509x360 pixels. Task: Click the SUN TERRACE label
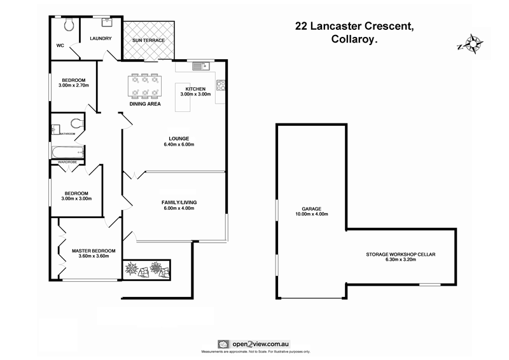[148, 40]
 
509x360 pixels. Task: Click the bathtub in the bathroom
[67, 152]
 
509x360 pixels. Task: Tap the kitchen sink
[198, 64]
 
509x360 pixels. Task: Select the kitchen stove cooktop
[221, 84]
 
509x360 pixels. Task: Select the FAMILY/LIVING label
[179, 202]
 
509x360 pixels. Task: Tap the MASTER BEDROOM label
[94, 251]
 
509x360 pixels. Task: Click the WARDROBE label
[67, 162]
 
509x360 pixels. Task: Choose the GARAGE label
[311, 209]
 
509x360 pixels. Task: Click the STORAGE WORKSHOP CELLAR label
[400, 254]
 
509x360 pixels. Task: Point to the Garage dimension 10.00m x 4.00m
[311, 214]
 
